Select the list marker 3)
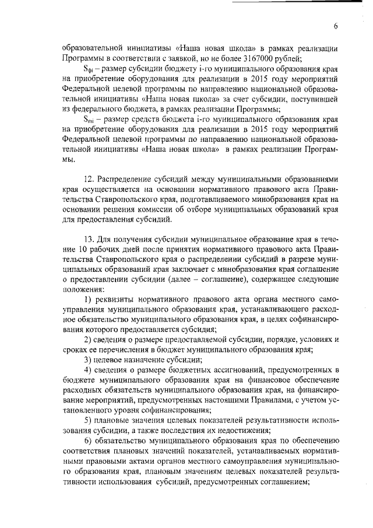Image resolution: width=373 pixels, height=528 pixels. pos(89,359)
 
